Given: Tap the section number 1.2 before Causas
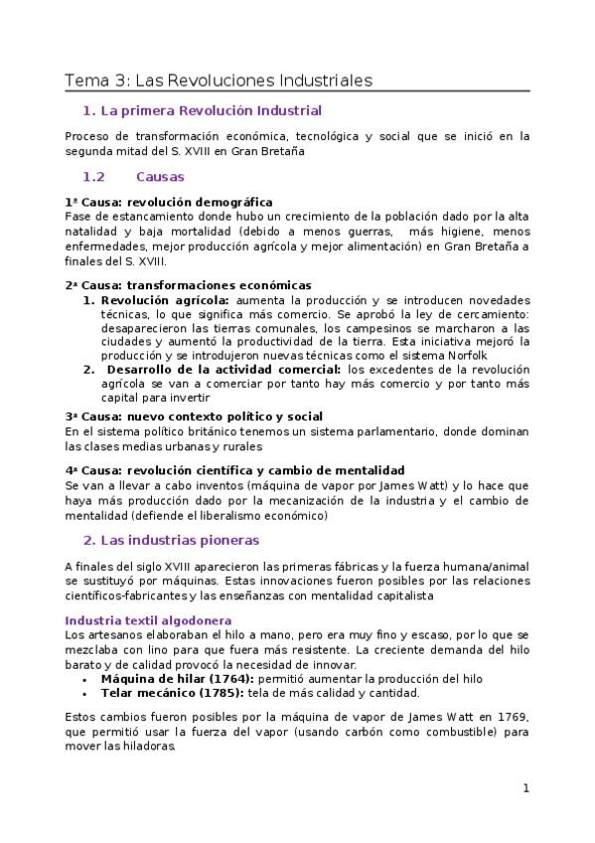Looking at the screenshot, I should pyautogui.click(x=93, y=176).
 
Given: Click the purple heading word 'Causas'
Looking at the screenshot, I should pyautogui.click(x=160, y=176).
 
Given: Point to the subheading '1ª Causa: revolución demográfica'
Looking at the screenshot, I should pyautogui.click(x=168, y=202).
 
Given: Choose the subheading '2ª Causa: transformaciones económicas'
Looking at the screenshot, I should pyautogui.click(x=188, y=284).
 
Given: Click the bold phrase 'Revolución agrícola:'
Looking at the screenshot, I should pyautogui.click(x=165, y=299).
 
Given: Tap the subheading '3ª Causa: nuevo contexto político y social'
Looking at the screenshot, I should pyautogui.click(x=193, y=416).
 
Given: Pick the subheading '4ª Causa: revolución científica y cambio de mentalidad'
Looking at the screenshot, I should pyautogui.click(x=233, y=469).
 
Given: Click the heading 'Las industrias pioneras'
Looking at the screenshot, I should pyautogui.click(x=184, y=540).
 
